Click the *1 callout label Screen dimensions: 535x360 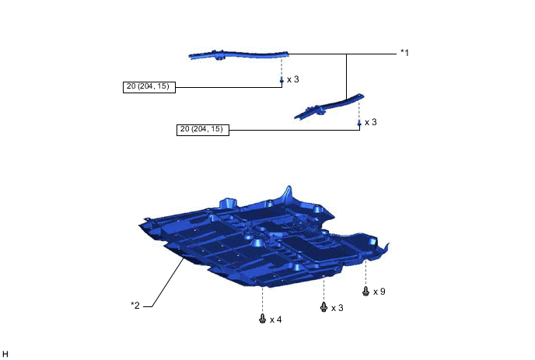coord(404,53)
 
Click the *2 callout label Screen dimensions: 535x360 coord(135,305)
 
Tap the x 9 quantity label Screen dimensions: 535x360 coord(379,292)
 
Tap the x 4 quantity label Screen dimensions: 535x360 coord(276,320)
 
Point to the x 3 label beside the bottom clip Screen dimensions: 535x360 coord(337,308)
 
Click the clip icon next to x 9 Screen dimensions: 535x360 coord(365,291)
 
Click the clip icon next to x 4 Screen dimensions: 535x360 coord(262,319)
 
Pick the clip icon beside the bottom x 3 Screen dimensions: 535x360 coord(323,307)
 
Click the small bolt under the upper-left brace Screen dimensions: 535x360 coord(281,80)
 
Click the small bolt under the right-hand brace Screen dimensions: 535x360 coord(359,123)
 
